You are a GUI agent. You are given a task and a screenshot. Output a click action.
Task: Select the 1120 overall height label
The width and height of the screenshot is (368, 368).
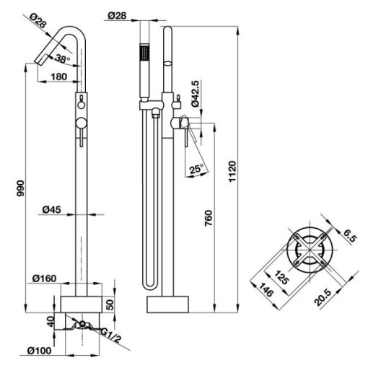click(232, 172)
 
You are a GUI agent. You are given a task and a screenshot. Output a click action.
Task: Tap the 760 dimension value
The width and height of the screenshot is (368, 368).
click(209, 218)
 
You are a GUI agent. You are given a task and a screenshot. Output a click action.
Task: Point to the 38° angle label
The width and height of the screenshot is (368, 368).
click(62, 58)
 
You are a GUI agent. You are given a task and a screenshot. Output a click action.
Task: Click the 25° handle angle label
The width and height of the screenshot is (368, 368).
click(196, 169)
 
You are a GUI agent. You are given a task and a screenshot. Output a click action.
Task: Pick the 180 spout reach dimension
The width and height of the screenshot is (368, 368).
click(58, 76)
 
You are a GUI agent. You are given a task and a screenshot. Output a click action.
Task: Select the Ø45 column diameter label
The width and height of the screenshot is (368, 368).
click(51, 210)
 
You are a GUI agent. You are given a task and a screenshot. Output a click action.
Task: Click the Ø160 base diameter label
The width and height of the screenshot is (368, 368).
click(45, 279)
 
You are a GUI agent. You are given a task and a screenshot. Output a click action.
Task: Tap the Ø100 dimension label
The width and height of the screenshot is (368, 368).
click(39, 351)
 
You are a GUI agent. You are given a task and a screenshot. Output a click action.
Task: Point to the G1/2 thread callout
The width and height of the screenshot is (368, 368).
click(110, 335)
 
